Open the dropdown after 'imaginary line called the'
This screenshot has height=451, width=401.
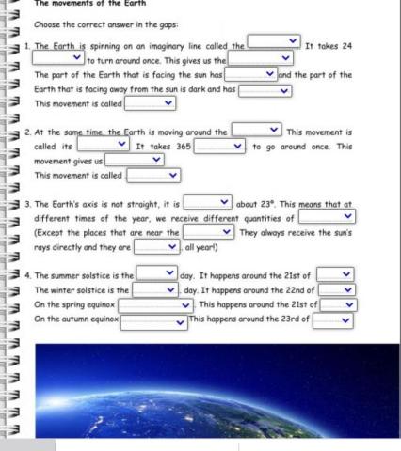pos(273,42)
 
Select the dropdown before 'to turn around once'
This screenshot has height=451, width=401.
pos(58,58)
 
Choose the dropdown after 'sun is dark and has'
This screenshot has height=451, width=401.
pos(265,90)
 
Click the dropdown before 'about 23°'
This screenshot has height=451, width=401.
pos(207,201)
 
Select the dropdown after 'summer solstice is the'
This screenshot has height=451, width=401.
pos(155,273)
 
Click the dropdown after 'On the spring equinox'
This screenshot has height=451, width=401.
pos(155,304)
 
